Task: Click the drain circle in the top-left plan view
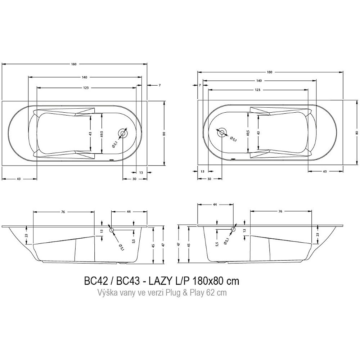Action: [123, 133]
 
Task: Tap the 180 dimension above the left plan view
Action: [74, 64]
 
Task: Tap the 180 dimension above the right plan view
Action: [270, 72]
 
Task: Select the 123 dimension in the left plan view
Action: [86, 88]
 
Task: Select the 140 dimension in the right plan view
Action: [259, 81]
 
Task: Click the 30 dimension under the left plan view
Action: [134, 179]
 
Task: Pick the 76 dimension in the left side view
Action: [63, 212]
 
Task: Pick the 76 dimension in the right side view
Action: [280, 211]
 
